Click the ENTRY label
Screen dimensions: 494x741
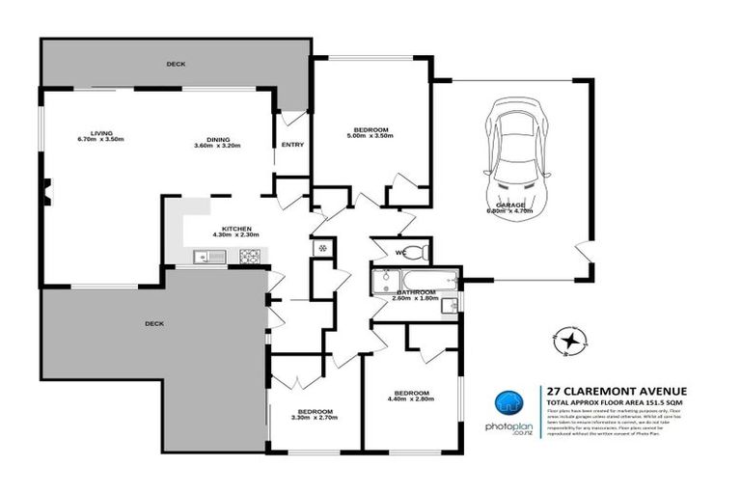pos(292,145)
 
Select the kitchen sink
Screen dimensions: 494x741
pos(206,256)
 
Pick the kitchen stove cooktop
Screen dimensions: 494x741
pos(249,256)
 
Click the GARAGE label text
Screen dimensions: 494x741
pos(511,206)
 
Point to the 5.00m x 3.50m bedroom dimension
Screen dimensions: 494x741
pos(370,136)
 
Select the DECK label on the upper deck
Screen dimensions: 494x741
pos(175,64)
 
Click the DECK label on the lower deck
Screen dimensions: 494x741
pos(152,323)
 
